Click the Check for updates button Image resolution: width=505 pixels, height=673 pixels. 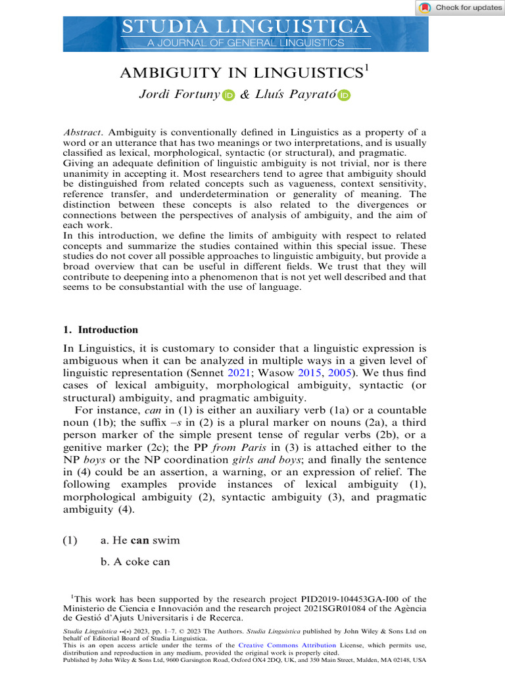460,7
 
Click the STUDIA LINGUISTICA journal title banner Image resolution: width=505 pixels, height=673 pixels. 245,27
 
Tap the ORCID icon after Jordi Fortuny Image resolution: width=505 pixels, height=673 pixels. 228,95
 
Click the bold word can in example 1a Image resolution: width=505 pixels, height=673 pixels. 140,540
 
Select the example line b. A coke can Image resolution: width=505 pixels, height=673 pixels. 135,561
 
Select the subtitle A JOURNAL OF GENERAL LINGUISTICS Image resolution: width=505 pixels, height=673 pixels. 245,43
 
